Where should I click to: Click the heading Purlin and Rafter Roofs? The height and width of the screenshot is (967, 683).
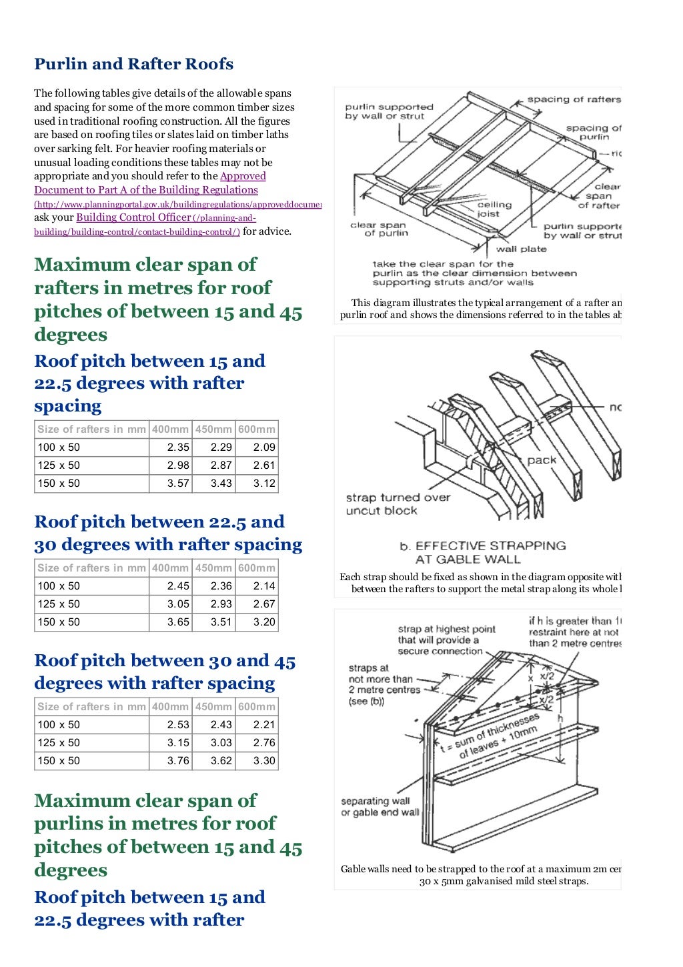pos(133,64)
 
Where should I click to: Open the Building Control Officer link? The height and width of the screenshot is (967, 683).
pos(133,217)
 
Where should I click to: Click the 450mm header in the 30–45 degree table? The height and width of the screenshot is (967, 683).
pos(213,707)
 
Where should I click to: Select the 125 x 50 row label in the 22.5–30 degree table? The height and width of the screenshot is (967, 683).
pos(59,604)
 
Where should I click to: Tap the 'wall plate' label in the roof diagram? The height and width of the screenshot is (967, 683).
pos(521,249)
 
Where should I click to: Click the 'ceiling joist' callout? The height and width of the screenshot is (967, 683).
pos(494,209)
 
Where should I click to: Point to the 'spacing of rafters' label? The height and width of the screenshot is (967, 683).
pos(574,99)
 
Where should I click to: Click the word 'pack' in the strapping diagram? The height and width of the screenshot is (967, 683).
pos(541,460)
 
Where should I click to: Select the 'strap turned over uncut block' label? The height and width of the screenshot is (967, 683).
pos(398,504)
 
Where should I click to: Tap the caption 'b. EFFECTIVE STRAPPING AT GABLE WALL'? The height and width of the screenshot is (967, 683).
pos(482,552)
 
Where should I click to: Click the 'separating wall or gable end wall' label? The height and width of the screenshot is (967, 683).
pos(380,806)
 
